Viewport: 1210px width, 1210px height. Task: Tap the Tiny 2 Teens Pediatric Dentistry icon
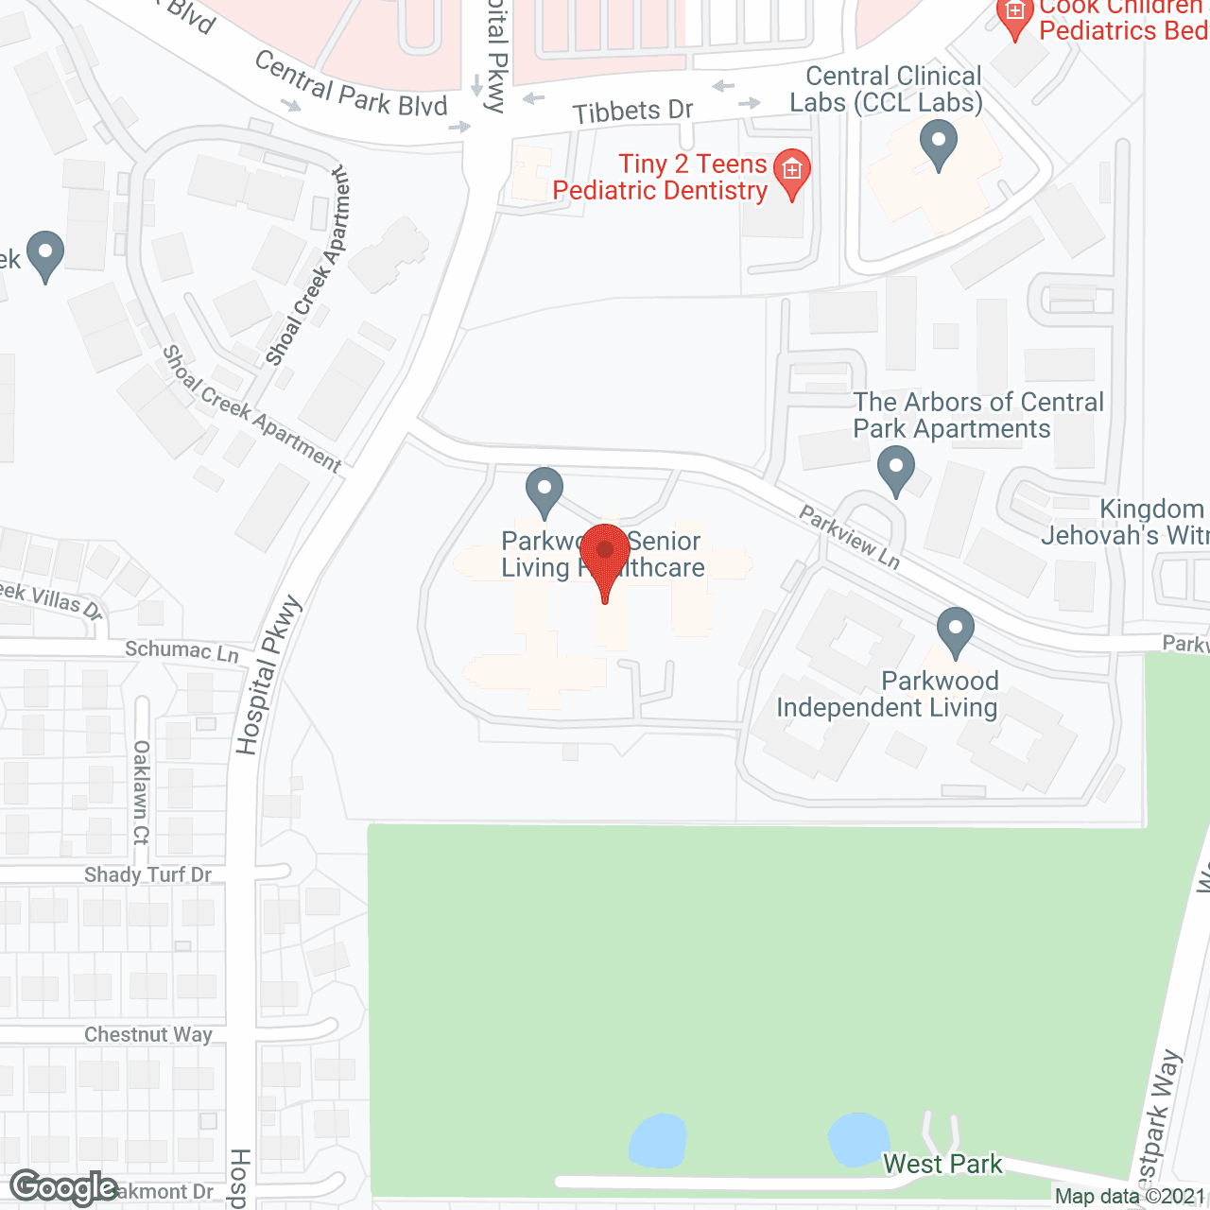[791, 172]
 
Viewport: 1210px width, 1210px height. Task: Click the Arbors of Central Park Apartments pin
[895, 470]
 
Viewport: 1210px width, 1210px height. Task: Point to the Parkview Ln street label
[849, 536]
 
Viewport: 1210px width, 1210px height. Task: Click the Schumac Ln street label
[181, 650]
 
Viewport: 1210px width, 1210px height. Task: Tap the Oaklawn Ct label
[141, 792]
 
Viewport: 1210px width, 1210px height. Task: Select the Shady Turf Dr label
[147, 874]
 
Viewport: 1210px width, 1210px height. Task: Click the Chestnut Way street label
[147, 1035]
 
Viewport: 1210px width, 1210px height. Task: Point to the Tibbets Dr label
[632, 112]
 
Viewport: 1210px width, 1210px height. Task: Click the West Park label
[942, 1164]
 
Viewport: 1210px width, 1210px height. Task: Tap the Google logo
[63, 1188]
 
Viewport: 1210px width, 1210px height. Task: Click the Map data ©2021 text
[1131, 1197]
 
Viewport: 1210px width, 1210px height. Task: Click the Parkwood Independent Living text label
[887, 695]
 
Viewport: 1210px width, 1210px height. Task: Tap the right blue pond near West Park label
[857, 1139]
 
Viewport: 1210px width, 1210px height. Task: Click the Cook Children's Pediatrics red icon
[1014, 17]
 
